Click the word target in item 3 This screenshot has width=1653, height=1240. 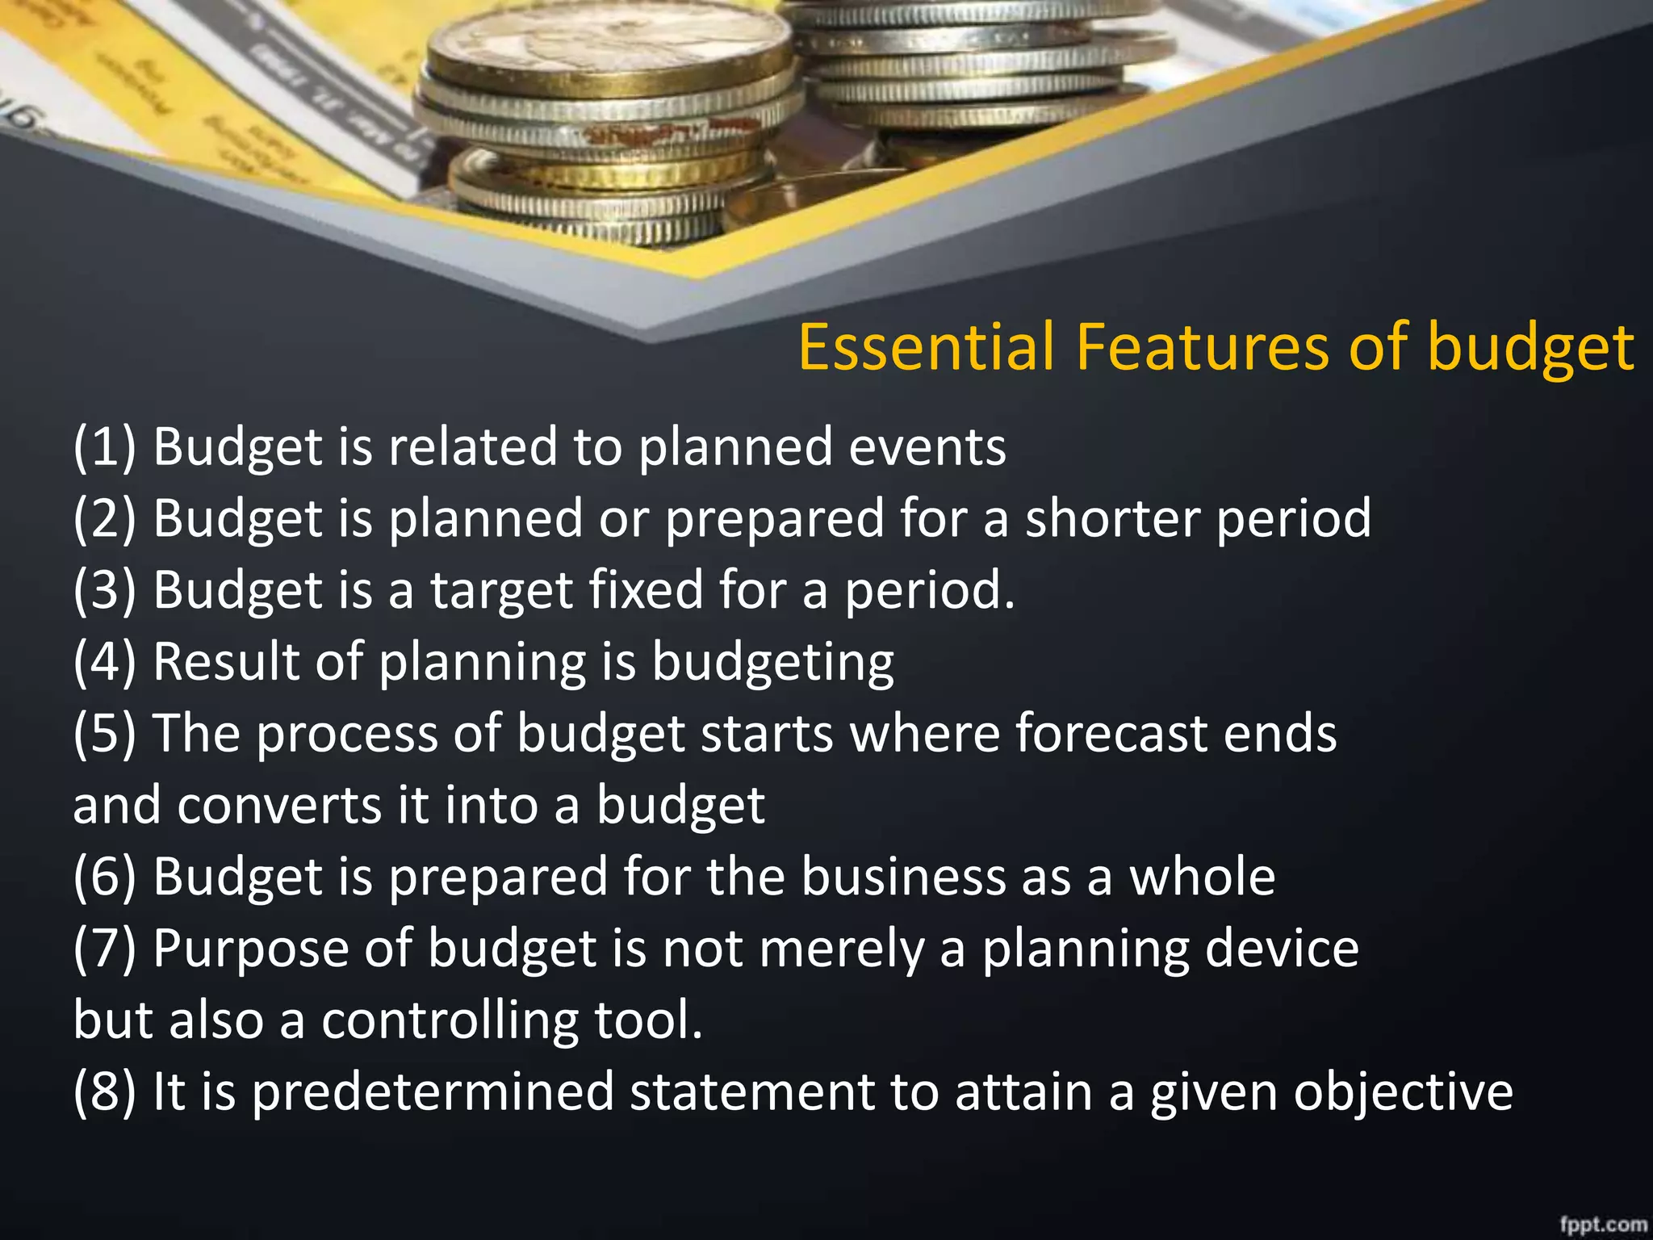tap(501, 590)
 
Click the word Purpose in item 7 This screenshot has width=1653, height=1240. tap(249, 949)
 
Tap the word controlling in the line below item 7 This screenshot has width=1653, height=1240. tap(450, 1020)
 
